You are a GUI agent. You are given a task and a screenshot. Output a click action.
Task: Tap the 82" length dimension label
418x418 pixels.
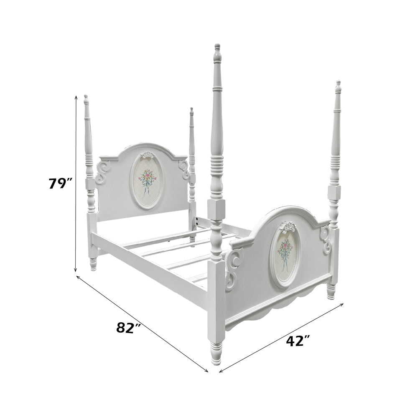128,327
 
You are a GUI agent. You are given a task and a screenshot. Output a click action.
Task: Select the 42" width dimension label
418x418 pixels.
298,341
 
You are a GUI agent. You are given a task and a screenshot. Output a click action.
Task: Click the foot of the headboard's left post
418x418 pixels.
93,264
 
